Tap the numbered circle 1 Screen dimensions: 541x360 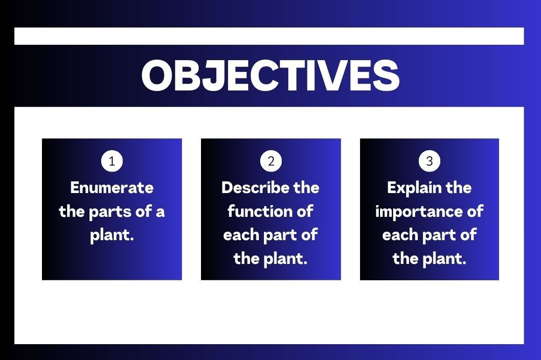pos(112,161)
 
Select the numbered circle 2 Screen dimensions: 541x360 pos(271,161)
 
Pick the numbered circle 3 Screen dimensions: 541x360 pos(430,161)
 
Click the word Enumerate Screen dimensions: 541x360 pos(112,188)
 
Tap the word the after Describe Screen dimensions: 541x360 pos(306,187)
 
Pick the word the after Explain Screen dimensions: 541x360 pos(458,187)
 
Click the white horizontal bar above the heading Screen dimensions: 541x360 pos(269,36)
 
